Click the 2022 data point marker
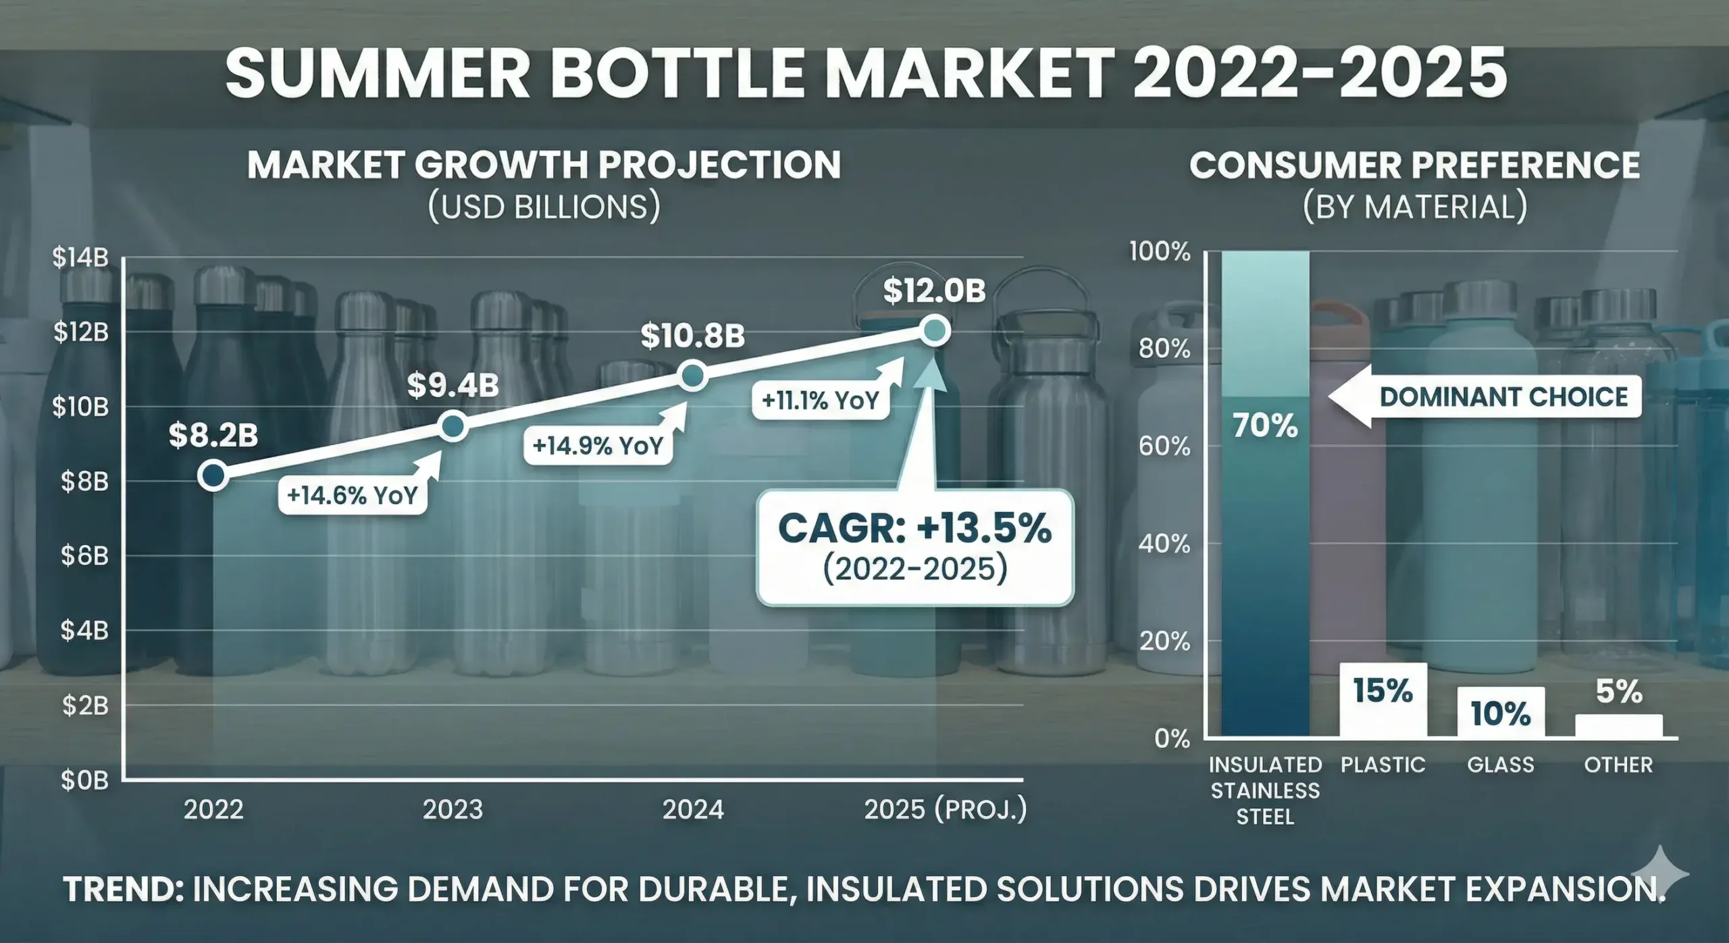213,475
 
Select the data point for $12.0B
935,331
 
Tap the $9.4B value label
453,385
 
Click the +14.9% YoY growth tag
598,446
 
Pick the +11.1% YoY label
820,401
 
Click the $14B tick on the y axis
80,257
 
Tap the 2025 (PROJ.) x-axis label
945,809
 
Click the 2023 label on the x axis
453,809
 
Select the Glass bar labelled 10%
1500,712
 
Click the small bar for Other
1618,725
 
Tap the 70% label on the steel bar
1265,426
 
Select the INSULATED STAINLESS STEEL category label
1265,790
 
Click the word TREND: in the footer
124,889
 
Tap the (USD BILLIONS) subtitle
544,207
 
